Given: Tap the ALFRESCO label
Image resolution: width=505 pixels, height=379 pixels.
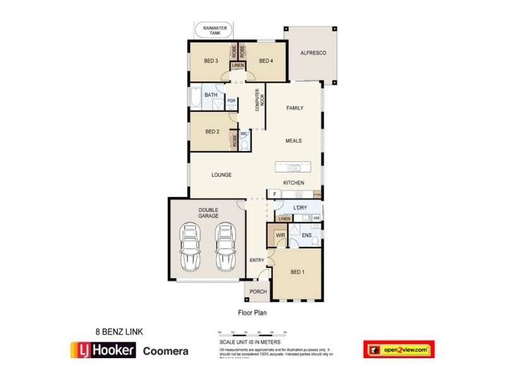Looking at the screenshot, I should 312,54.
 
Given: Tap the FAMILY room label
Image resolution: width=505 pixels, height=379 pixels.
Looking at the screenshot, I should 295,108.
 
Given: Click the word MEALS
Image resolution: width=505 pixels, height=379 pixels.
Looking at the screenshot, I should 294,141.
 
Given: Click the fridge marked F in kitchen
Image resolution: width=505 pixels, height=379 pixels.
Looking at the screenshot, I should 275,194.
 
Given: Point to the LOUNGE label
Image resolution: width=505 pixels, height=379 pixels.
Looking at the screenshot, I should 221,175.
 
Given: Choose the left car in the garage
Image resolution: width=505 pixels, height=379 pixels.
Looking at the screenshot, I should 189,246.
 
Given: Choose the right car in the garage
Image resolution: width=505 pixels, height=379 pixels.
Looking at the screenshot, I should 225,246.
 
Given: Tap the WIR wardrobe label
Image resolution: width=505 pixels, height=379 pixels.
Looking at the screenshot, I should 279,236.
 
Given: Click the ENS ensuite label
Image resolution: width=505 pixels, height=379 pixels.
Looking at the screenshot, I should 306,236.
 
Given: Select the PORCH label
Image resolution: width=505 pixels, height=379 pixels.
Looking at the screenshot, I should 258,292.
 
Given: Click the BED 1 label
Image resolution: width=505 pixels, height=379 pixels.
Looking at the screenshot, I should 297,272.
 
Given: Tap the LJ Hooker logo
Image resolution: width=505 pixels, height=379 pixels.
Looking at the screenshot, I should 102,349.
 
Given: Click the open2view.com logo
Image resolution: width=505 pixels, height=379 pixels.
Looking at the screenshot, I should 398,349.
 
